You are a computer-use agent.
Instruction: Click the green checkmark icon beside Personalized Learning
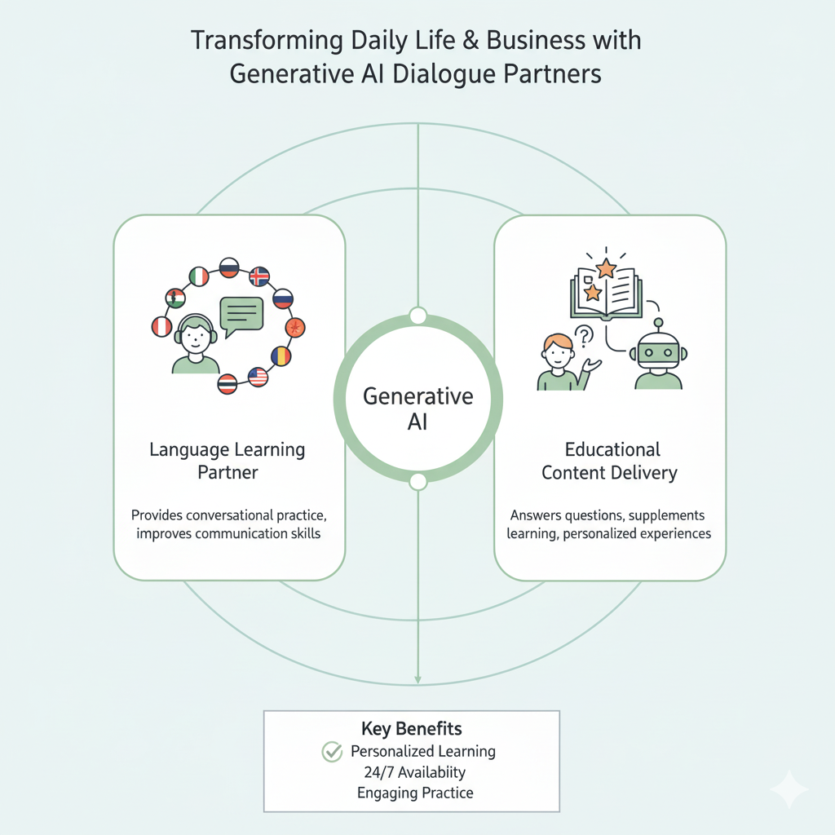point(332,752)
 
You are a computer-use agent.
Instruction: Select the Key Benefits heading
point(412,727)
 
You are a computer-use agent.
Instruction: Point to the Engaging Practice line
point(415,792)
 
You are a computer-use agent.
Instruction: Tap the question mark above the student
point(584,334)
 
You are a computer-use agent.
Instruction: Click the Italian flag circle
point(198,277)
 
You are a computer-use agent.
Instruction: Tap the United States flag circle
point(258,377)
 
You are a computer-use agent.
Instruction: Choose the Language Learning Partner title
point(228,460)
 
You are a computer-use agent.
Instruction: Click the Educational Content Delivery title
point(609,460)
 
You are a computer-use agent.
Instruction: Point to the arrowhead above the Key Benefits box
point(417,678)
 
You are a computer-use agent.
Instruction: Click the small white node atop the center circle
point(417,316)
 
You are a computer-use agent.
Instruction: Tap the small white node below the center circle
point(417,481)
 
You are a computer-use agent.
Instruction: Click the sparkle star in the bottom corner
point(789,789)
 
